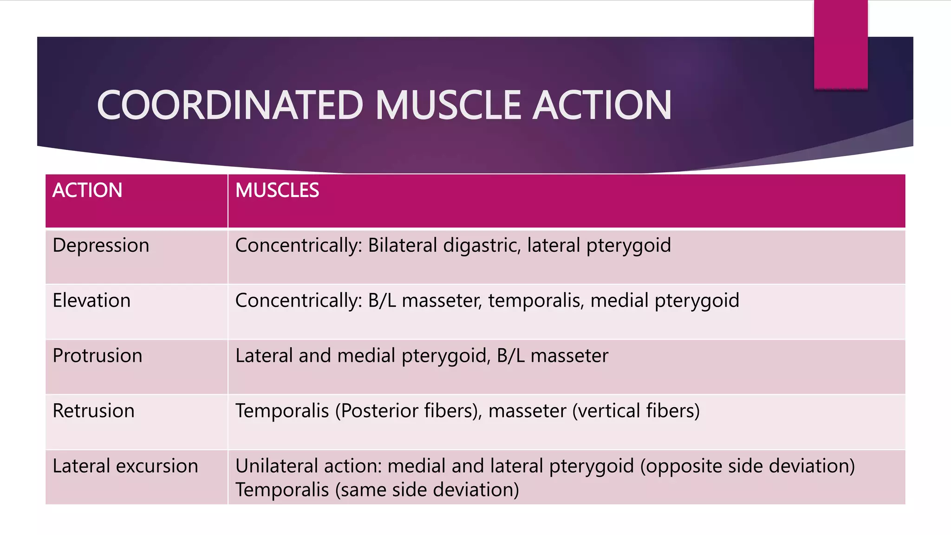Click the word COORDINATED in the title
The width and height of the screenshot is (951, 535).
click(230, 105)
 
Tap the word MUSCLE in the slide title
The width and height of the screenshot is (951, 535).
click(448, 105)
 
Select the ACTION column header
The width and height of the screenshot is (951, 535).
click(87, 190)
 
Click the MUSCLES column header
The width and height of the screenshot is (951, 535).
click(277, 190)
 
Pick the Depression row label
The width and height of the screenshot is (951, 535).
click(101, 245)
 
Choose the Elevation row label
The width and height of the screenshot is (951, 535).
click(91, 300)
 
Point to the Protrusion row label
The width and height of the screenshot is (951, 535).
click(98, 356)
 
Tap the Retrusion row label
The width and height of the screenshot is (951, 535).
click(93, 411)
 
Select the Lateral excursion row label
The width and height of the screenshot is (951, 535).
click(125, 466)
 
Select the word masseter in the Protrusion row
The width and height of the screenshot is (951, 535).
click(569, 356)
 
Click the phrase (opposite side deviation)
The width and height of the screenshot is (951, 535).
click(747, 466)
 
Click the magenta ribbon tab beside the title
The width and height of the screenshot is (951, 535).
click(840, 44)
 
